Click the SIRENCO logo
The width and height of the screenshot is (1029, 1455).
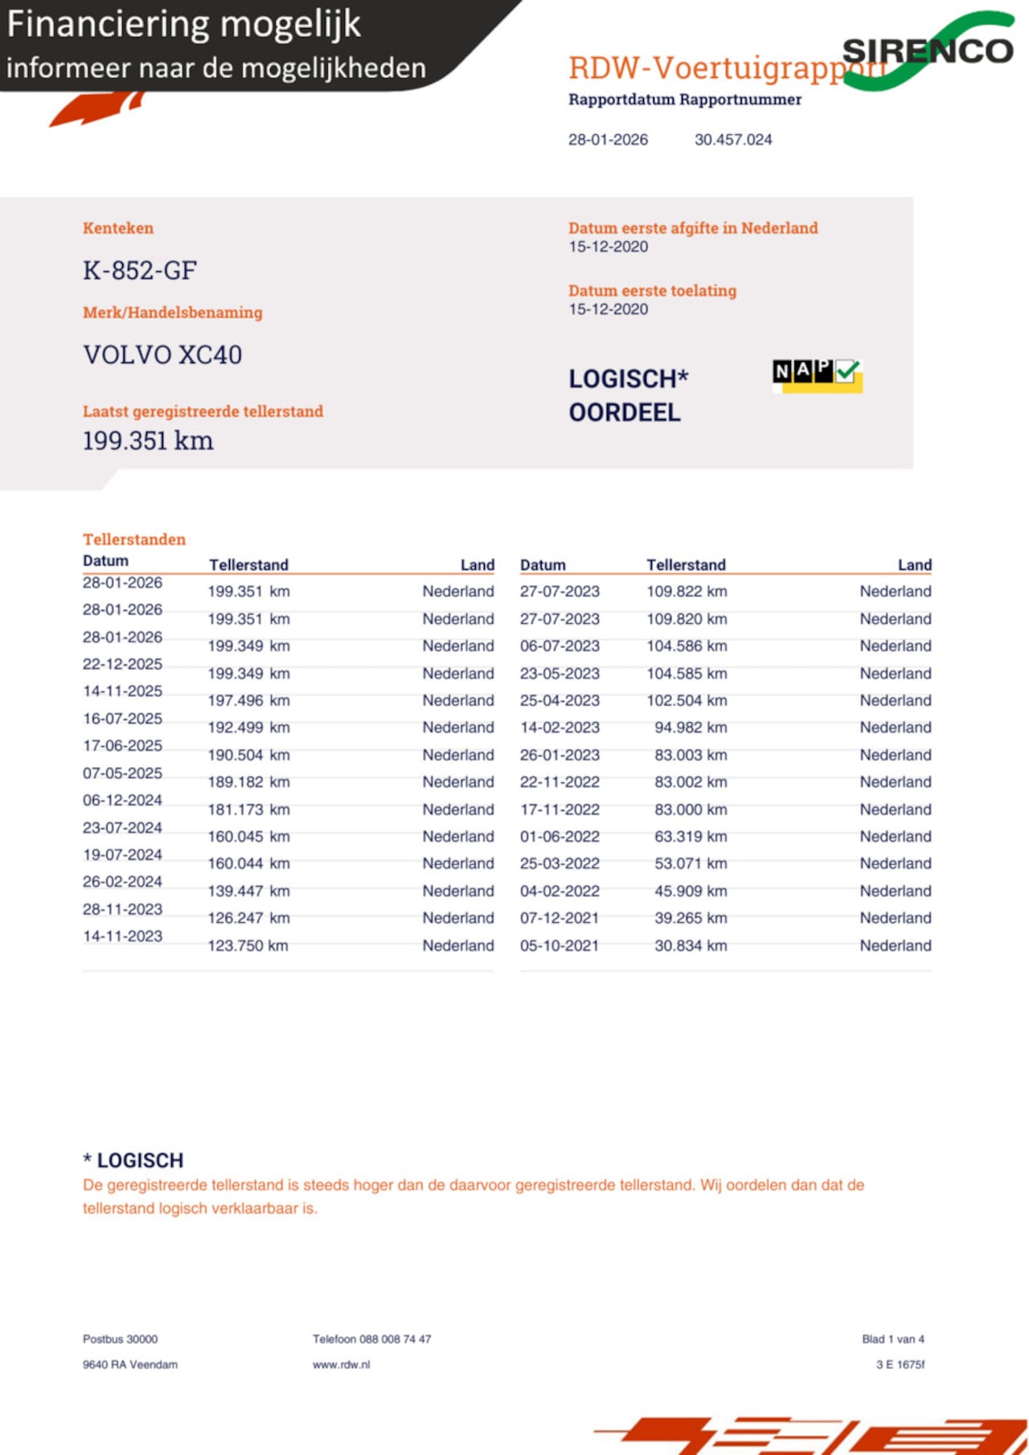pos(928,51)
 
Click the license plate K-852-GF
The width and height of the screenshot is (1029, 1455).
pos(140,271)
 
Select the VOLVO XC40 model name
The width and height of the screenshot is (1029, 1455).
pos(162,355)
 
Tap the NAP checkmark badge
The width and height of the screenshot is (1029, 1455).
pos(817,375)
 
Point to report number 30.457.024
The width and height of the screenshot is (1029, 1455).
pos(732,140)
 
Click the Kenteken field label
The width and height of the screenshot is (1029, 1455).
pos(118,228)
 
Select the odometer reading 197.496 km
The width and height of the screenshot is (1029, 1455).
pos(248,700)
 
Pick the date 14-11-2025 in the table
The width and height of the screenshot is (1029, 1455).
pos(122,691)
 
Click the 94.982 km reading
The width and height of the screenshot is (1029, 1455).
pos(690,727)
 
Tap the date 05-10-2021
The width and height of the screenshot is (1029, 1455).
pos(560,945)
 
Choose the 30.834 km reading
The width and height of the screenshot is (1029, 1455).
pos(690,945)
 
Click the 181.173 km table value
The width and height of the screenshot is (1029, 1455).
pos(248,809)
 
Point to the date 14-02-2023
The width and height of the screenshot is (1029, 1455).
pos(560,727)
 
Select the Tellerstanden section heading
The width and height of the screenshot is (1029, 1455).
pos(134,539)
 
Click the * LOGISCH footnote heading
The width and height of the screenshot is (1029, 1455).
pos(133,1160)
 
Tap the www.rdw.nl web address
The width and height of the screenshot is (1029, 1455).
pos(342,1364)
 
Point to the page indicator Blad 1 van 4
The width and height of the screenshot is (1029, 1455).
pos(892,1339)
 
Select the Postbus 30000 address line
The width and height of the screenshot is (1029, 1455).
pos(120,1339)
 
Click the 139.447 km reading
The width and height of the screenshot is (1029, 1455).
pos(248,891)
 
